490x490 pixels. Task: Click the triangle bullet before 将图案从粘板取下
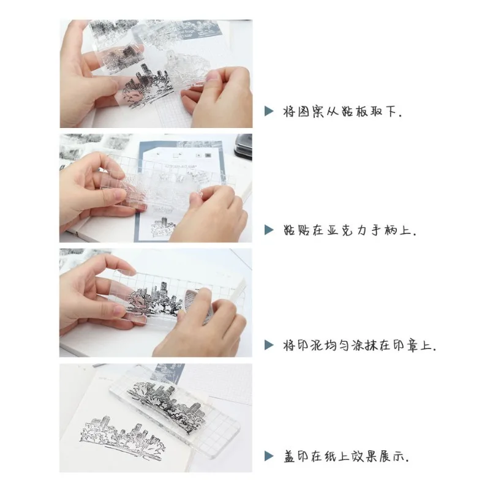(x=268, y=111)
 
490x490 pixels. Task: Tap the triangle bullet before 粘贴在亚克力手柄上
(x=268, y=230)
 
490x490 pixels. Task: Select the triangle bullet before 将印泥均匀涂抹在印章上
(x=268, y=345)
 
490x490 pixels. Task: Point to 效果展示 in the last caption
(x=377, y=456)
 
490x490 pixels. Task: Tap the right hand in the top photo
(x=221, y=98)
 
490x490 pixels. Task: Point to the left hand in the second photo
(x=92, y=184)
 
